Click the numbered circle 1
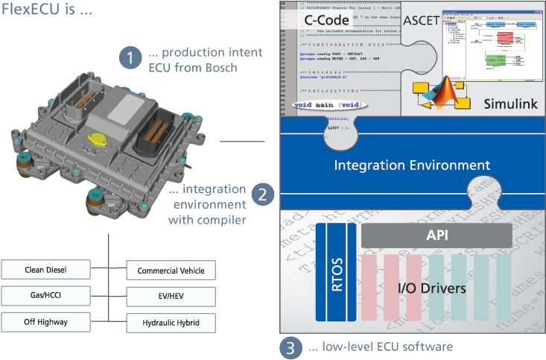click(130, 58)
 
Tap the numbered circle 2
click(261, 195)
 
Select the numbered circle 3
click(291, 347)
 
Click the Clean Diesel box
click(45, 268)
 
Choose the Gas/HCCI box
click(45, 295)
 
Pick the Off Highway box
click(45, 321)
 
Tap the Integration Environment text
click(411, 165)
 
